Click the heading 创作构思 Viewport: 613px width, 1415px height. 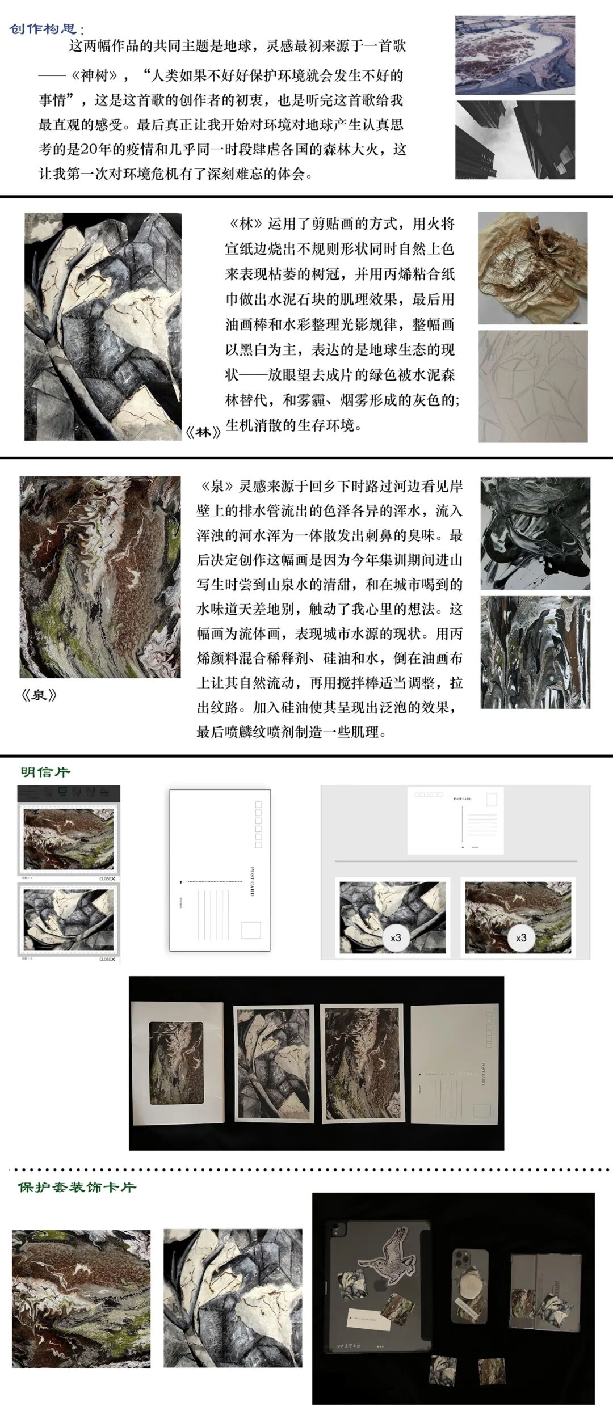pos(47,29)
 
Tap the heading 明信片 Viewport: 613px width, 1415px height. pos(45,772)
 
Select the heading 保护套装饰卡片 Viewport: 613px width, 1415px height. pos(77,1187)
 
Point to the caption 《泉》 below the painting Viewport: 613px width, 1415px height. pos(39,695)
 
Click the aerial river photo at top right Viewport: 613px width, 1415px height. pos(515,55)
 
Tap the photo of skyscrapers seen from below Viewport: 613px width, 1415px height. pos(515,140)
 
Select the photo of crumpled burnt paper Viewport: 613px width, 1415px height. pos(532,268)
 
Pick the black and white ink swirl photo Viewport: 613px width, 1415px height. pos(535,533)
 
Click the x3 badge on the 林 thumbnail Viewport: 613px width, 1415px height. pos(396,937)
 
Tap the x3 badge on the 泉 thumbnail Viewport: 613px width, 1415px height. pos(521,937)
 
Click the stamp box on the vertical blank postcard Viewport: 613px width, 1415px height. pos(251,930)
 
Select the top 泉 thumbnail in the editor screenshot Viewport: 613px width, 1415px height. pos(68,840)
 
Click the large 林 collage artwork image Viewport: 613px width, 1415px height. pos(103,326)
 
